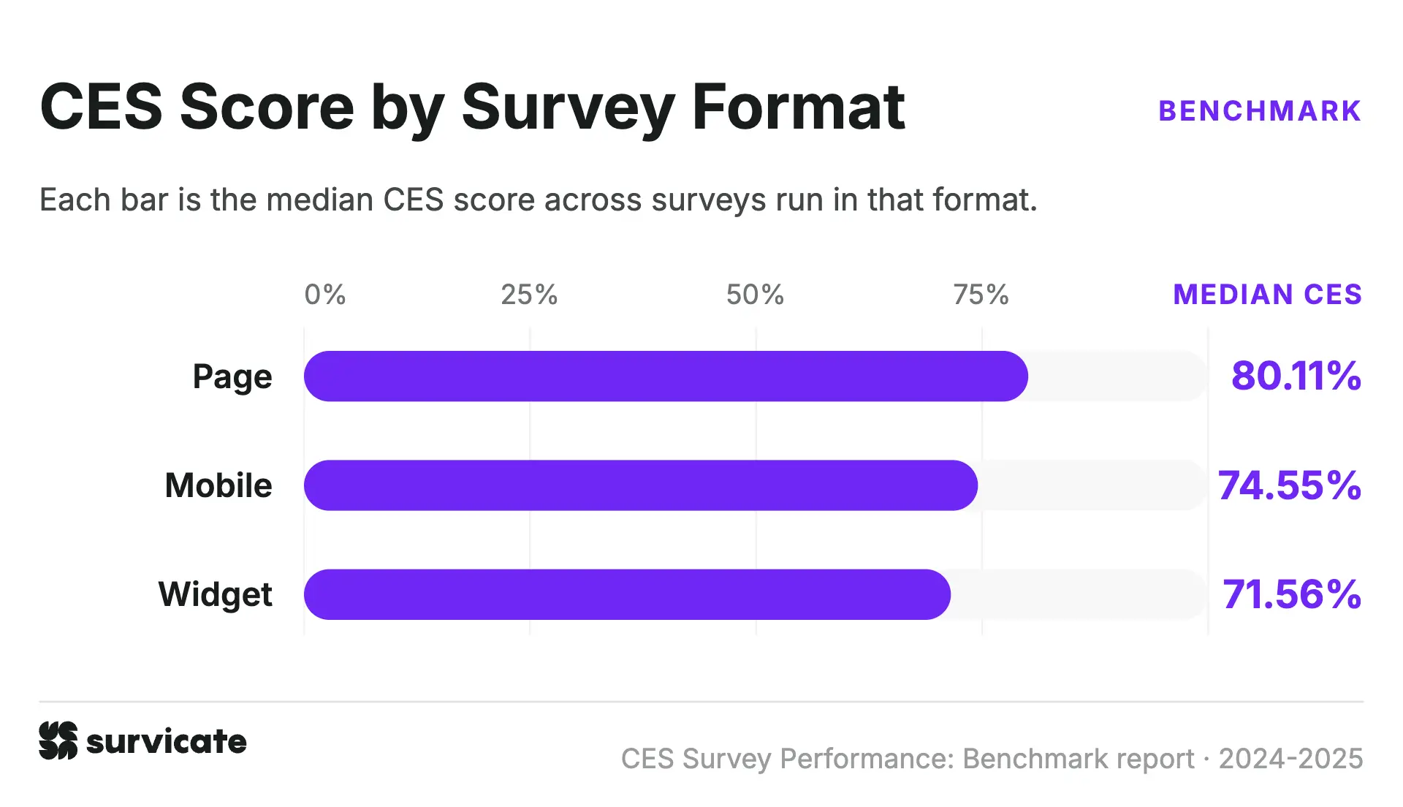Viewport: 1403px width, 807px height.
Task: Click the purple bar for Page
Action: pos(666,376)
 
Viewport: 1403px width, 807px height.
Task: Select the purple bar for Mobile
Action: pos(641,485)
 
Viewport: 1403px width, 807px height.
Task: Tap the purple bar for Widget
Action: pos(627,594)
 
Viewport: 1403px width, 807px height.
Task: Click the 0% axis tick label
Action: pos(325,295)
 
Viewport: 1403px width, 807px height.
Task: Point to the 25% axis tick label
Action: pos(529,295)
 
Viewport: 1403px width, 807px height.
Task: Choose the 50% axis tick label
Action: pos(755,295)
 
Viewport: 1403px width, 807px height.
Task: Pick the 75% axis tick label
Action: pos(981,295)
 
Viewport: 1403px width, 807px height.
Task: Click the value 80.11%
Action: pos(1296,376)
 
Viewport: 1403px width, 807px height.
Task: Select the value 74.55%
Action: pos(1290,485)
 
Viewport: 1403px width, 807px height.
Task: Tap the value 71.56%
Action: pos(1292,594)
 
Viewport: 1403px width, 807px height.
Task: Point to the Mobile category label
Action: pos(218,485)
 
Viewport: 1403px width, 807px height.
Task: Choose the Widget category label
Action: pos(216,595)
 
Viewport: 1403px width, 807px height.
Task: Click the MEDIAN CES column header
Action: pos(1268,295)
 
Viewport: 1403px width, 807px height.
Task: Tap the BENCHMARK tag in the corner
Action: pos(1261,111)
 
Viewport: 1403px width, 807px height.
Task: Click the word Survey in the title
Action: pos(569,108)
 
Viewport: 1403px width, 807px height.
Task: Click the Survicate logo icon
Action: pos(58,740)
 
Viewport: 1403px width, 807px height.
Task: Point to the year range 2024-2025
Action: pos(1291,759)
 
